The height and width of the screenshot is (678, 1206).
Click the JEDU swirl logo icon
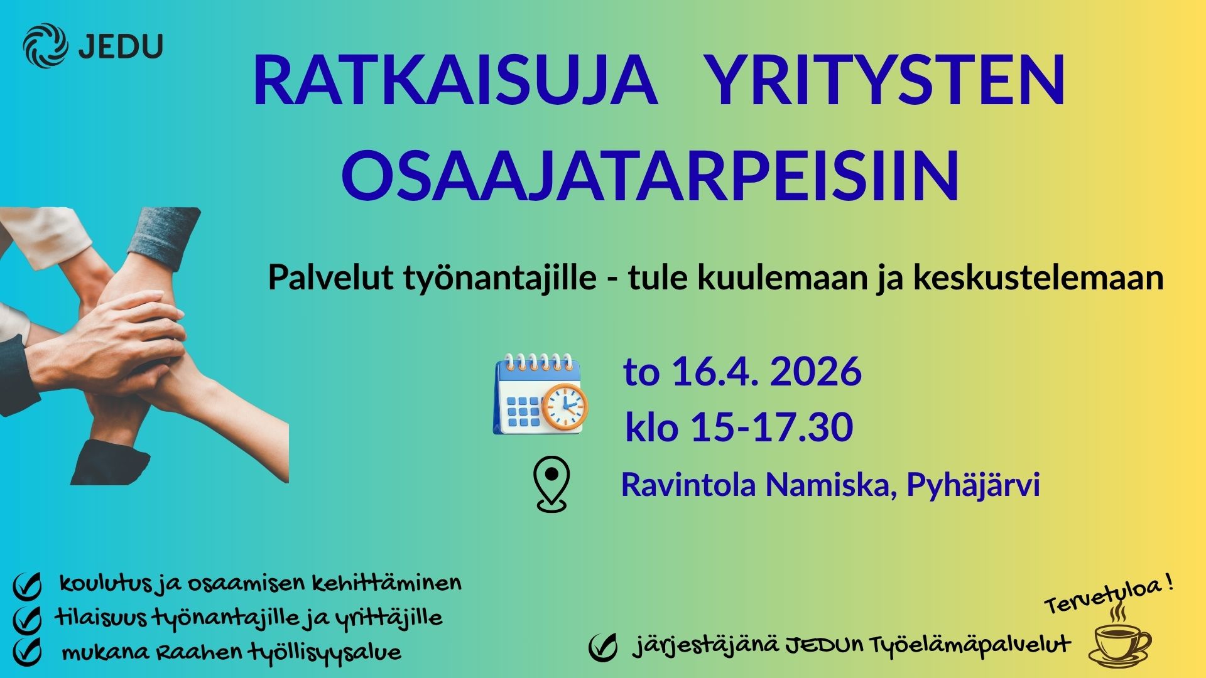pyautogui.click(x=45, y=45)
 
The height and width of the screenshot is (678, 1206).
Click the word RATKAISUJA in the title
pyautogui.click(x=455, y=82)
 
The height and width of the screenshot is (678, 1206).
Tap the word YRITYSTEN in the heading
pyautogui.click(x=886, y=82)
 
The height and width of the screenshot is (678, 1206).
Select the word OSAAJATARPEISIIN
pyautogui.click(x=651, y=175)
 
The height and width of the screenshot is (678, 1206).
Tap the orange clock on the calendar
pyautogui.click(x=565, y=407)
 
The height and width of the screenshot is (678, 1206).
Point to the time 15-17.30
pyautogui.click(x=771, y=428)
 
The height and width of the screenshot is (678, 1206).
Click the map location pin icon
pyautogui.click(x=551, y=483)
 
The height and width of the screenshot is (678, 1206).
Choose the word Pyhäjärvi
pyautogui.click(x=973, y=485)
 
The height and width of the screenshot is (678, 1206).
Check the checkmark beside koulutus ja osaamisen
pyautogui.click(x=27, y=586)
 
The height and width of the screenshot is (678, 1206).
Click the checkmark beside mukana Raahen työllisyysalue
pyautogui.click(x=27, y=652)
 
